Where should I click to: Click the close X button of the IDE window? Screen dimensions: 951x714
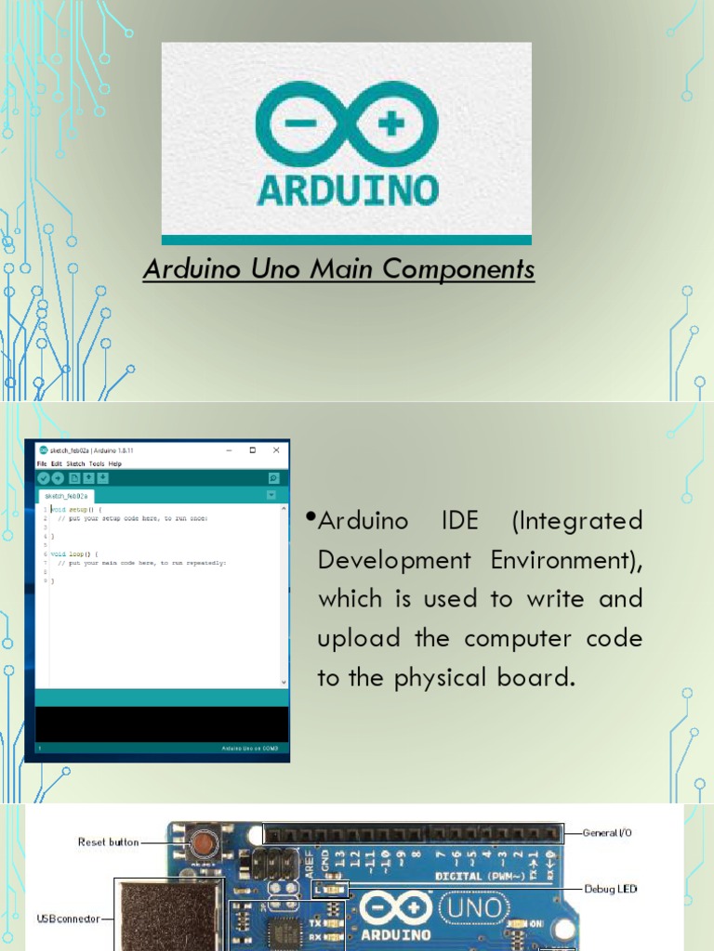click(275, 450)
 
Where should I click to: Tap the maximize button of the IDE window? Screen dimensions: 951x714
click(252, 450)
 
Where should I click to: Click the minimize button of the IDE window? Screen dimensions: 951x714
click(230, 450)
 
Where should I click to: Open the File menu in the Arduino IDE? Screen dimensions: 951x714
click(41, 463)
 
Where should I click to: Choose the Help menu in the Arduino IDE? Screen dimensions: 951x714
click(115, 463)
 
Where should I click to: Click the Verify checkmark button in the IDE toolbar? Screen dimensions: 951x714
click(43, 477)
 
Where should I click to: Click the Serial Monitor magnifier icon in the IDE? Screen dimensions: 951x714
click(273, 477)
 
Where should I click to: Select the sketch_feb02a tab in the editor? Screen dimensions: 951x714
click(64, 496)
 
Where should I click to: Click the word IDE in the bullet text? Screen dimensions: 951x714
click(458, 520)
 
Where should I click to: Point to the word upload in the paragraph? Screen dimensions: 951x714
click(359, 639)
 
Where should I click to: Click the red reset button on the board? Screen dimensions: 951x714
click(199, 843)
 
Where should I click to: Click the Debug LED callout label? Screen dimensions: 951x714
click(610, 889)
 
